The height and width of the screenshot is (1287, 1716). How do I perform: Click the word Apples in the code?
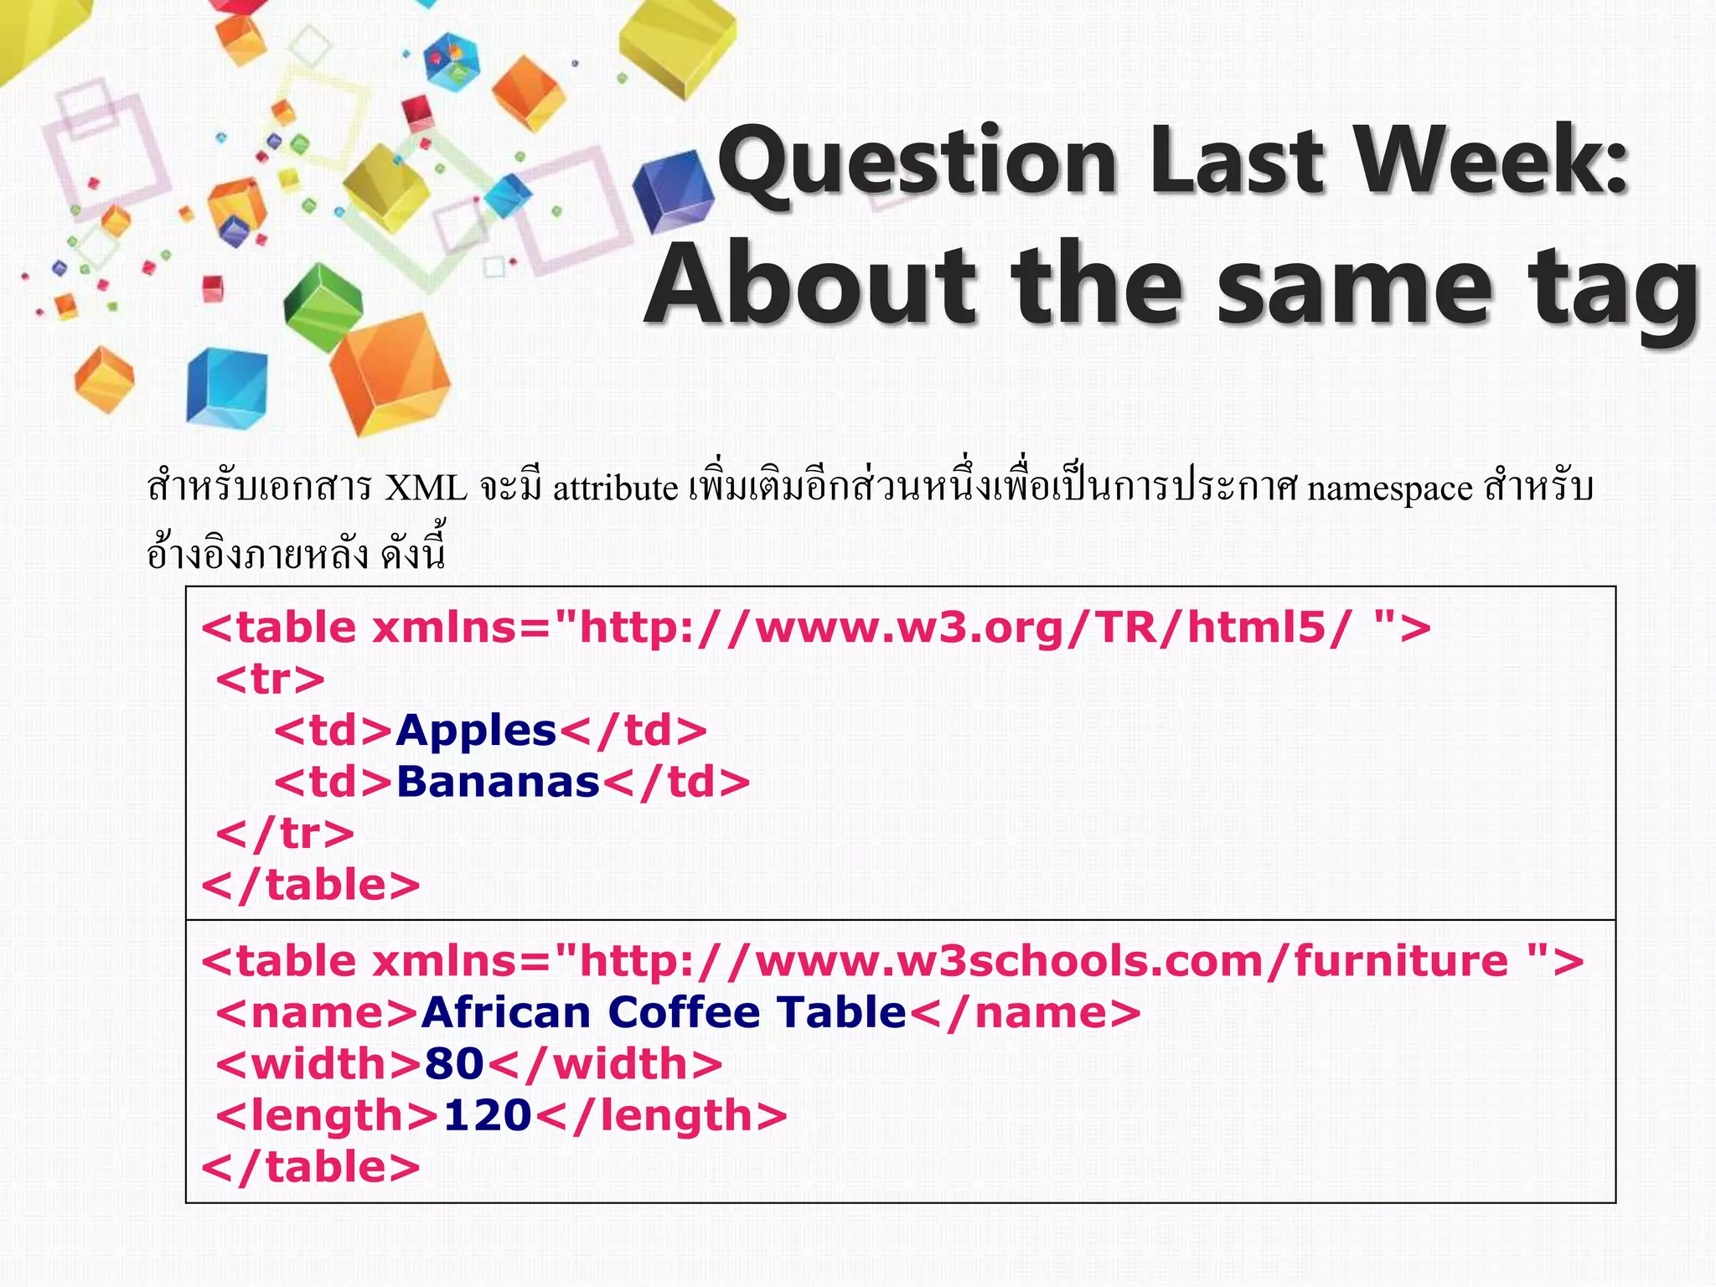point(476,731)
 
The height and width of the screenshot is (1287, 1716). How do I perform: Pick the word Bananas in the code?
point(498,782)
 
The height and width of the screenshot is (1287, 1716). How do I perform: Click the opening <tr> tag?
point(270,679)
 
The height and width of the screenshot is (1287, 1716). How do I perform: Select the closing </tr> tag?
point(285,833)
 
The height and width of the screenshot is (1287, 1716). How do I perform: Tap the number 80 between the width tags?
point(454,1063)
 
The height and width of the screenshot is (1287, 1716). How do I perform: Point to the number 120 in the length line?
point(488,1115)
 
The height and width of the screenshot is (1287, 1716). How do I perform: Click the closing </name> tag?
point(1025,1012)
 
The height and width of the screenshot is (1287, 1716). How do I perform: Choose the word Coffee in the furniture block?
point(684,1012)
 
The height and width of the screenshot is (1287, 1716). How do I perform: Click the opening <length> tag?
point(327,1115)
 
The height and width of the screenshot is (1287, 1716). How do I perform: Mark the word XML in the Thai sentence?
point(426,488)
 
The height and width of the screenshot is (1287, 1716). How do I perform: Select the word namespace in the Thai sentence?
point(1389,488)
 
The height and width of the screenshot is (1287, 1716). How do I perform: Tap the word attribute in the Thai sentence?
point(615,488)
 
